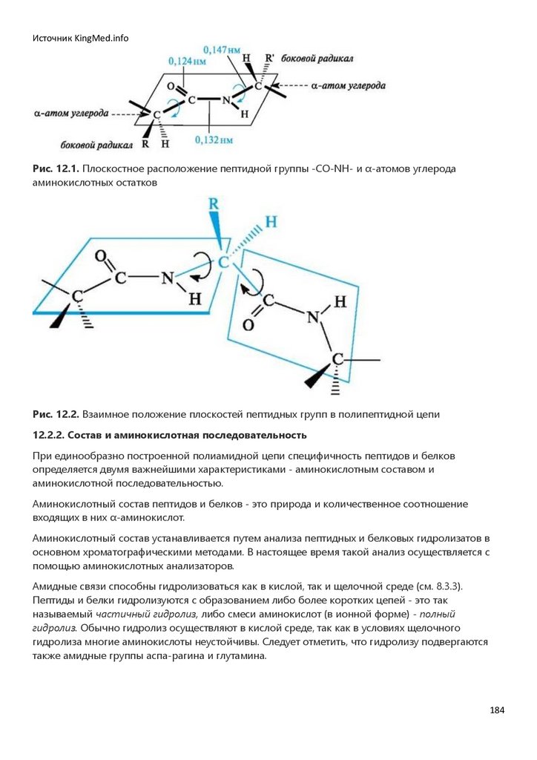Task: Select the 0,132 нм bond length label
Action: point(214,139)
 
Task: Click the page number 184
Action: point(497,710)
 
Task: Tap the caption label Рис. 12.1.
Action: point(56,169)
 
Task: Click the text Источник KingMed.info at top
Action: point(80,38)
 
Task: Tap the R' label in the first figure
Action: point(271,58)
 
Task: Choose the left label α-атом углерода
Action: point(71,114)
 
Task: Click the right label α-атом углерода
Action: point(349,85)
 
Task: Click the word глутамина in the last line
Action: point(239,657)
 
